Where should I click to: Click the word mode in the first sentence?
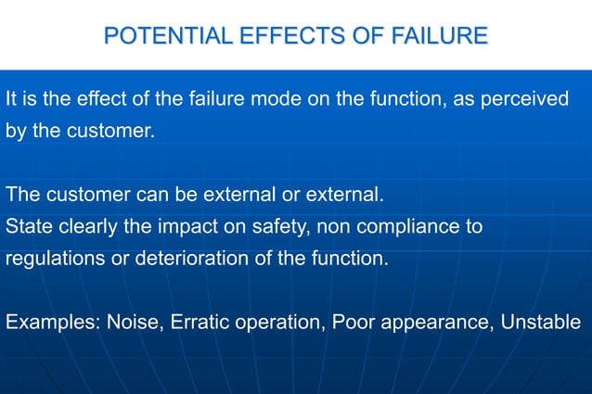pyautogui.click(x=277, y=99)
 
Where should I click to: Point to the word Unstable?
pyautogui.click(x=541, y=324)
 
